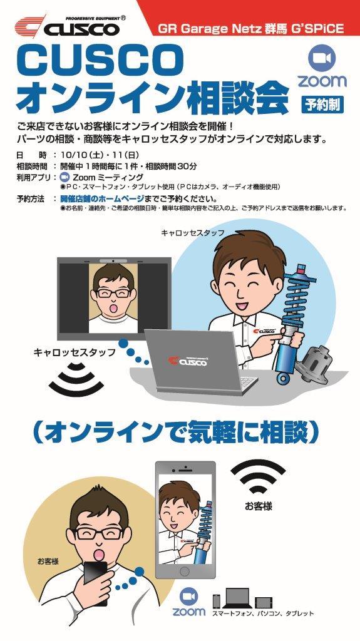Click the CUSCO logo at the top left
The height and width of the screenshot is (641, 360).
pos(68,26)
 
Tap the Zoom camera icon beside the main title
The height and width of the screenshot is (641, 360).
pos(322,58)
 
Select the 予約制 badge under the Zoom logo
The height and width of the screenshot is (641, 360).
pos(322,105)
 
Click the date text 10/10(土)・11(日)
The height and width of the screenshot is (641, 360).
pos(100,155)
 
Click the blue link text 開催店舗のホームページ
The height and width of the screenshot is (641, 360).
pos(102,198)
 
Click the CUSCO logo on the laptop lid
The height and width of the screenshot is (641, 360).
pos(188,361)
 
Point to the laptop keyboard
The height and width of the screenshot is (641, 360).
pos(242,384)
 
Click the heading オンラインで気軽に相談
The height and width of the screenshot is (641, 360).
pos(175,433)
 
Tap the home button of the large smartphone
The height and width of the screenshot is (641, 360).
pos(185,571)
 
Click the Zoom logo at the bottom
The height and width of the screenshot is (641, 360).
pos(189,603)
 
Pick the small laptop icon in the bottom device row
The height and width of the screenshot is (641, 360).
pos(237,599)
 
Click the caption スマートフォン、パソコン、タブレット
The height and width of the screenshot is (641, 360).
pos(263,613)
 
